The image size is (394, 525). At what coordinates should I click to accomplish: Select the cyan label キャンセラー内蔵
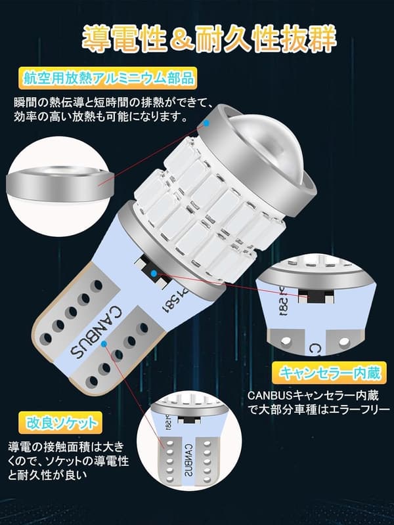click(330, 373)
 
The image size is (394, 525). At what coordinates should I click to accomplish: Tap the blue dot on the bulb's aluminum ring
click(208, 122)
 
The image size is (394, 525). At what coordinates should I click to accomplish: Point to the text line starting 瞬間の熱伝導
click(112, 103)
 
